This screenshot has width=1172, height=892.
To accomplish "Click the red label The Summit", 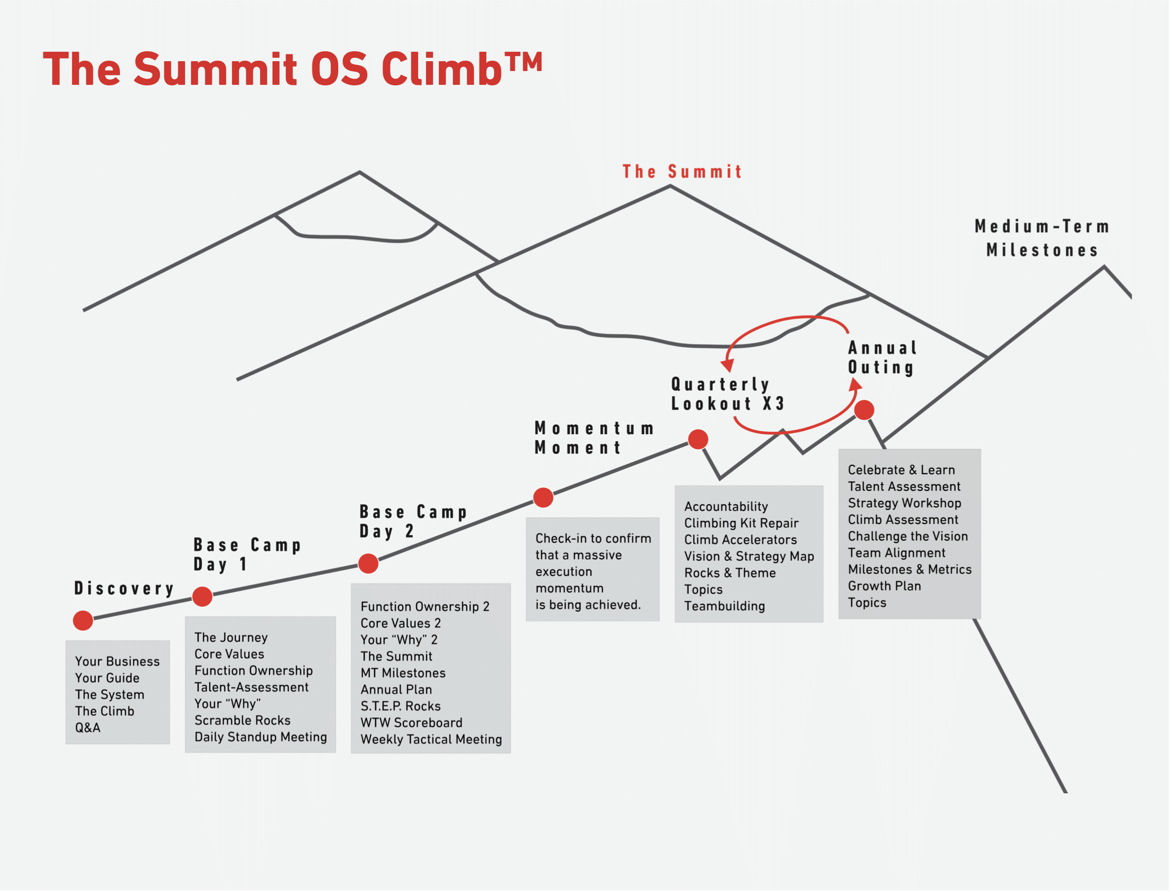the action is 683,172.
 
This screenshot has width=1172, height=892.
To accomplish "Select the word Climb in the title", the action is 441,70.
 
